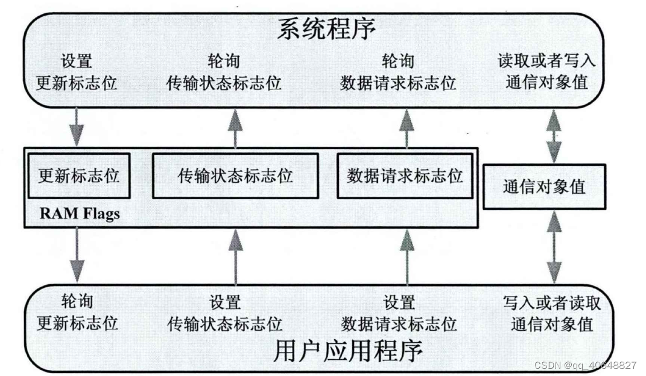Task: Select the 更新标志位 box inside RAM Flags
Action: tap(79, 176)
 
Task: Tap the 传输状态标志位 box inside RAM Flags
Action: tap(235, 176)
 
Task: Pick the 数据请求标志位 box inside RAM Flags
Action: tap(405, 176)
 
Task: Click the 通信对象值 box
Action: tap(544, 186)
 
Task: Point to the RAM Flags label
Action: tap(80, 213)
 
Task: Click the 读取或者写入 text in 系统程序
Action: tap(546, 61)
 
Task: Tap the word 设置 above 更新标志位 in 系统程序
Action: tap(77, 61)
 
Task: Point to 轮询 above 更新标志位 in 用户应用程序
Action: tap(77, 302)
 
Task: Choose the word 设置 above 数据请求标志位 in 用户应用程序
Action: tap(399, 302)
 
